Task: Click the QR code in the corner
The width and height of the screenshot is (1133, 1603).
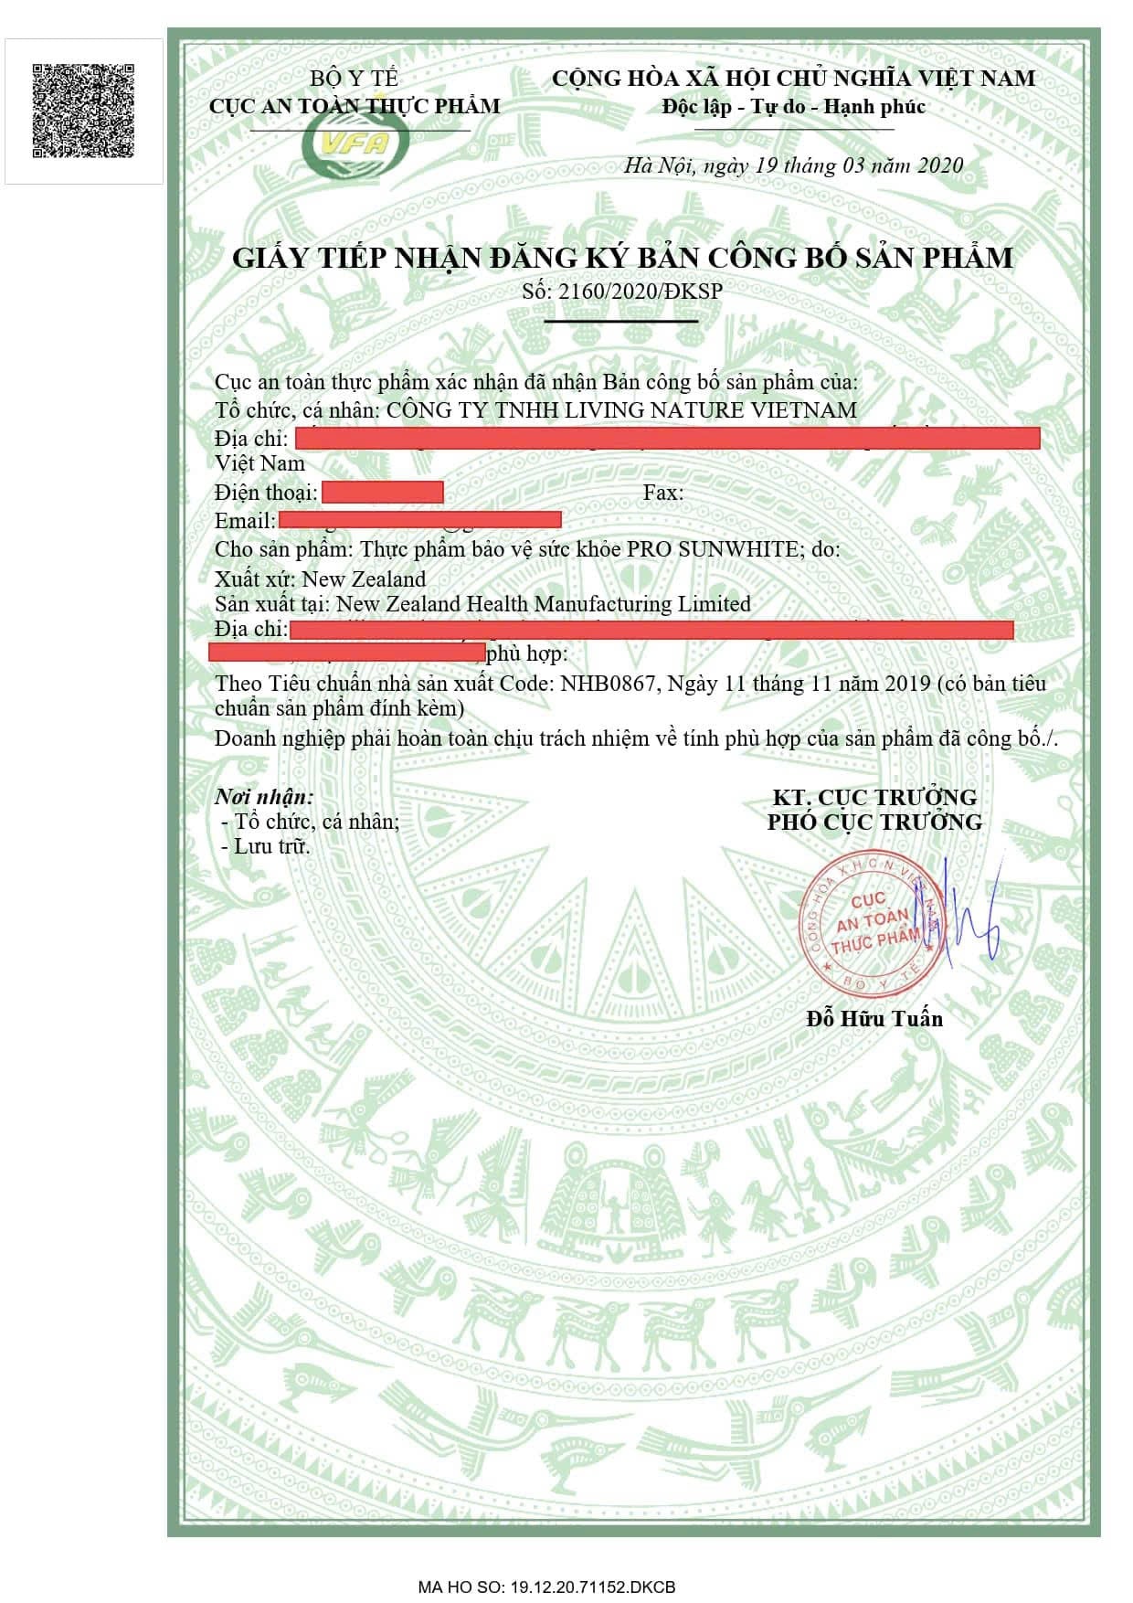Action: point(83,111)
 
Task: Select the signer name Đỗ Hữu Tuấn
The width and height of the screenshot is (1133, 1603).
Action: point(874,1018)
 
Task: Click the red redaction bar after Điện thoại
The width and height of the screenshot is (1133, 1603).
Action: point(383,493)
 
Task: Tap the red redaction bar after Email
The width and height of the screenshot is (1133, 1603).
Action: point(419,520)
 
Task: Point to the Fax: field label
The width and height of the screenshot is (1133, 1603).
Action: point(662,493)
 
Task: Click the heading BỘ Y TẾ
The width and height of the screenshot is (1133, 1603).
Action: point(354,79)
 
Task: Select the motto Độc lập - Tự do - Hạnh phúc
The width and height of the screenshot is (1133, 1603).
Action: point(793,107)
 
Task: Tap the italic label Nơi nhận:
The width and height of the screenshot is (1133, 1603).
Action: point(264,796)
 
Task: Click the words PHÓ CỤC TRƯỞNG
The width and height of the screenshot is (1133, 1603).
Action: point(874,822)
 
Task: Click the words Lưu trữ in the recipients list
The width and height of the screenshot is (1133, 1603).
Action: point(272,846)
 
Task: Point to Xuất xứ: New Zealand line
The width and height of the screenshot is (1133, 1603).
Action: point(320,579)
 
